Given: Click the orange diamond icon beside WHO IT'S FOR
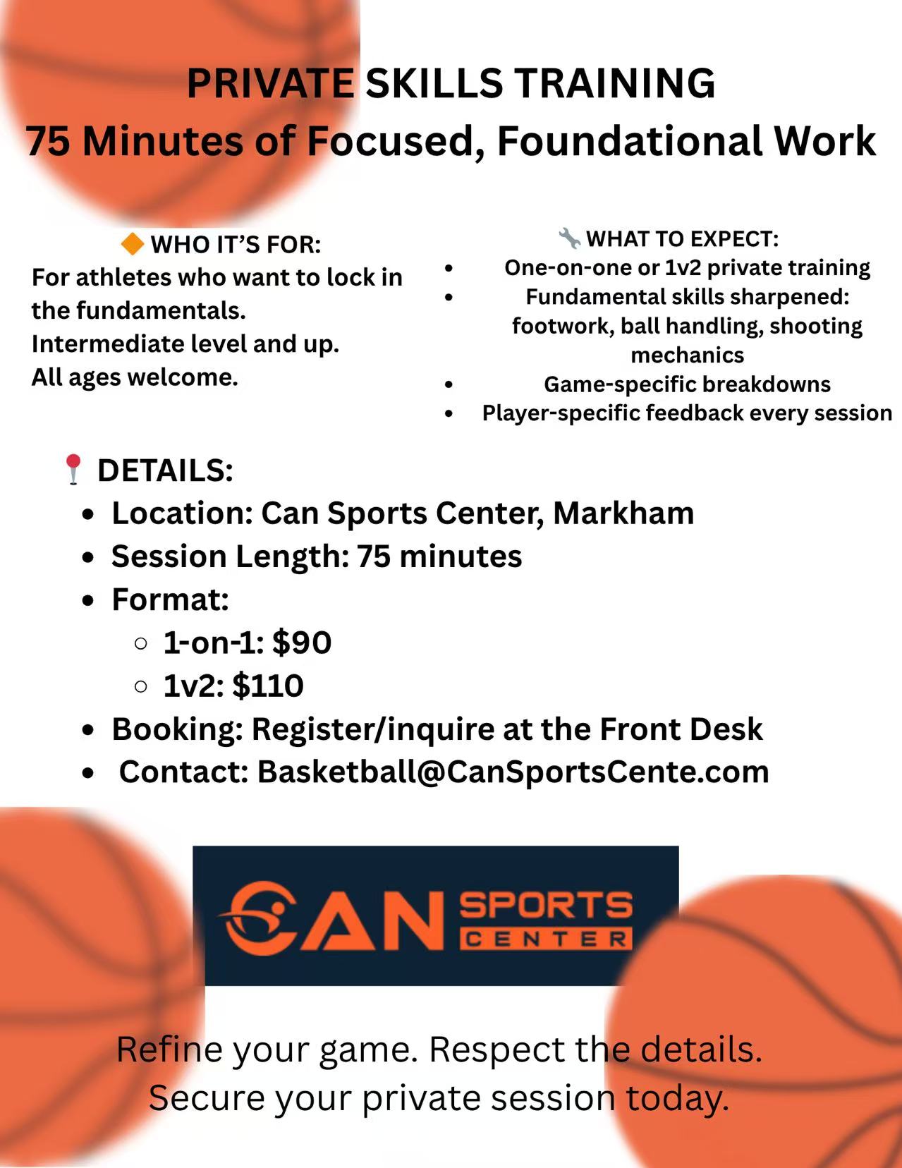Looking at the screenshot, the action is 133,244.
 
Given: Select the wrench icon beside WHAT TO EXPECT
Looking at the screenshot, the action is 569,238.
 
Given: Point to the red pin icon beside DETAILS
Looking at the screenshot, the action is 73,470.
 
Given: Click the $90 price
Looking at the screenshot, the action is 301,643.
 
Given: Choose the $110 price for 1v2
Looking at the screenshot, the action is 268,686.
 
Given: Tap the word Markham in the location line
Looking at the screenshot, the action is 623,513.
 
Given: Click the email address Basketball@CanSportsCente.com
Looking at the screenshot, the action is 513,772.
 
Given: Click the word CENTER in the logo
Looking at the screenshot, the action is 546,939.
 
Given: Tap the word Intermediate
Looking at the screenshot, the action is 106,343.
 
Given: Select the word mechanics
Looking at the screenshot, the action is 687,355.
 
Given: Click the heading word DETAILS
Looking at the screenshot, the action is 165,470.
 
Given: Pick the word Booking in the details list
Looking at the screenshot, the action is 177,729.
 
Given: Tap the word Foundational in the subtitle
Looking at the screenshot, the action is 630,141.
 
